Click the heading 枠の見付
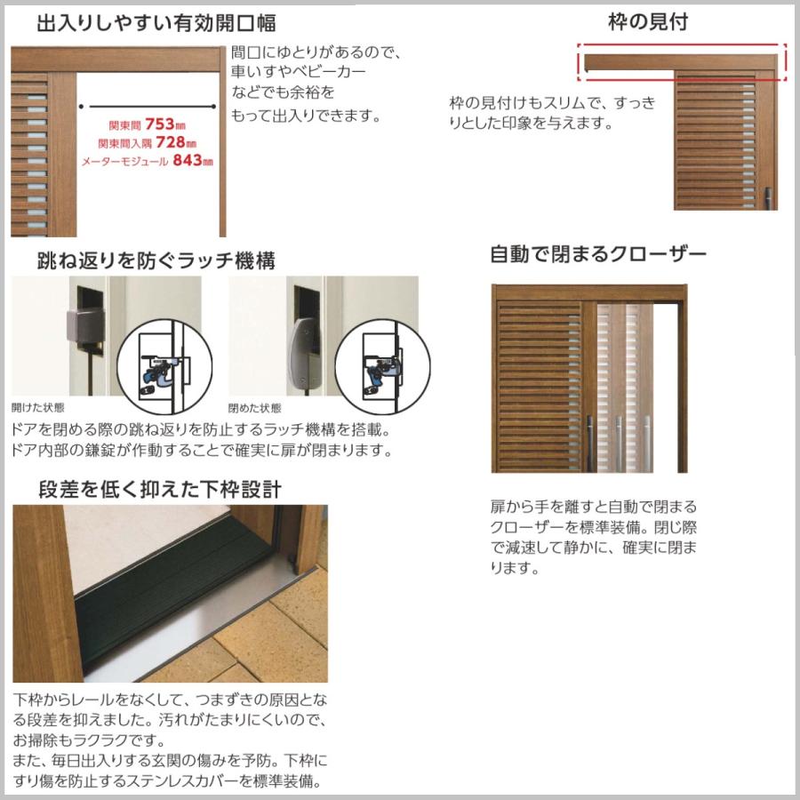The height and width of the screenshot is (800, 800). click(x=647, y=22)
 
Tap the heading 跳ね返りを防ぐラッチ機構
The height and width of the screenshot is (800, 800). click(x=156, y=260)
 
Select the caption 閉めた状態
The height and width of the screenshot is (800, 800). click(x=254, y=409)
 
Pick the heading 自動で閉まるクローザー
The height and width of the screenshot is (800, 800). click(x=598, y=255)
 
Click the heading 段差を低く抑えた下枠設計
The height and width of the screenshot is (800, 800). click(x=160, y=489)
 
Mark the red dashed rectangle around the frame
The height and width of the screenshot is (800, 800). click(x=682, y=62)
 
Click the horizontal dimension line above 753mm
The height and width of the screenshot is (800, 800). click(x=148, y=106)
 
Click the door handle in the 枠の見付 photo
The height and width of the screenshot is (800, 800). click(x=769, y=194)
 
